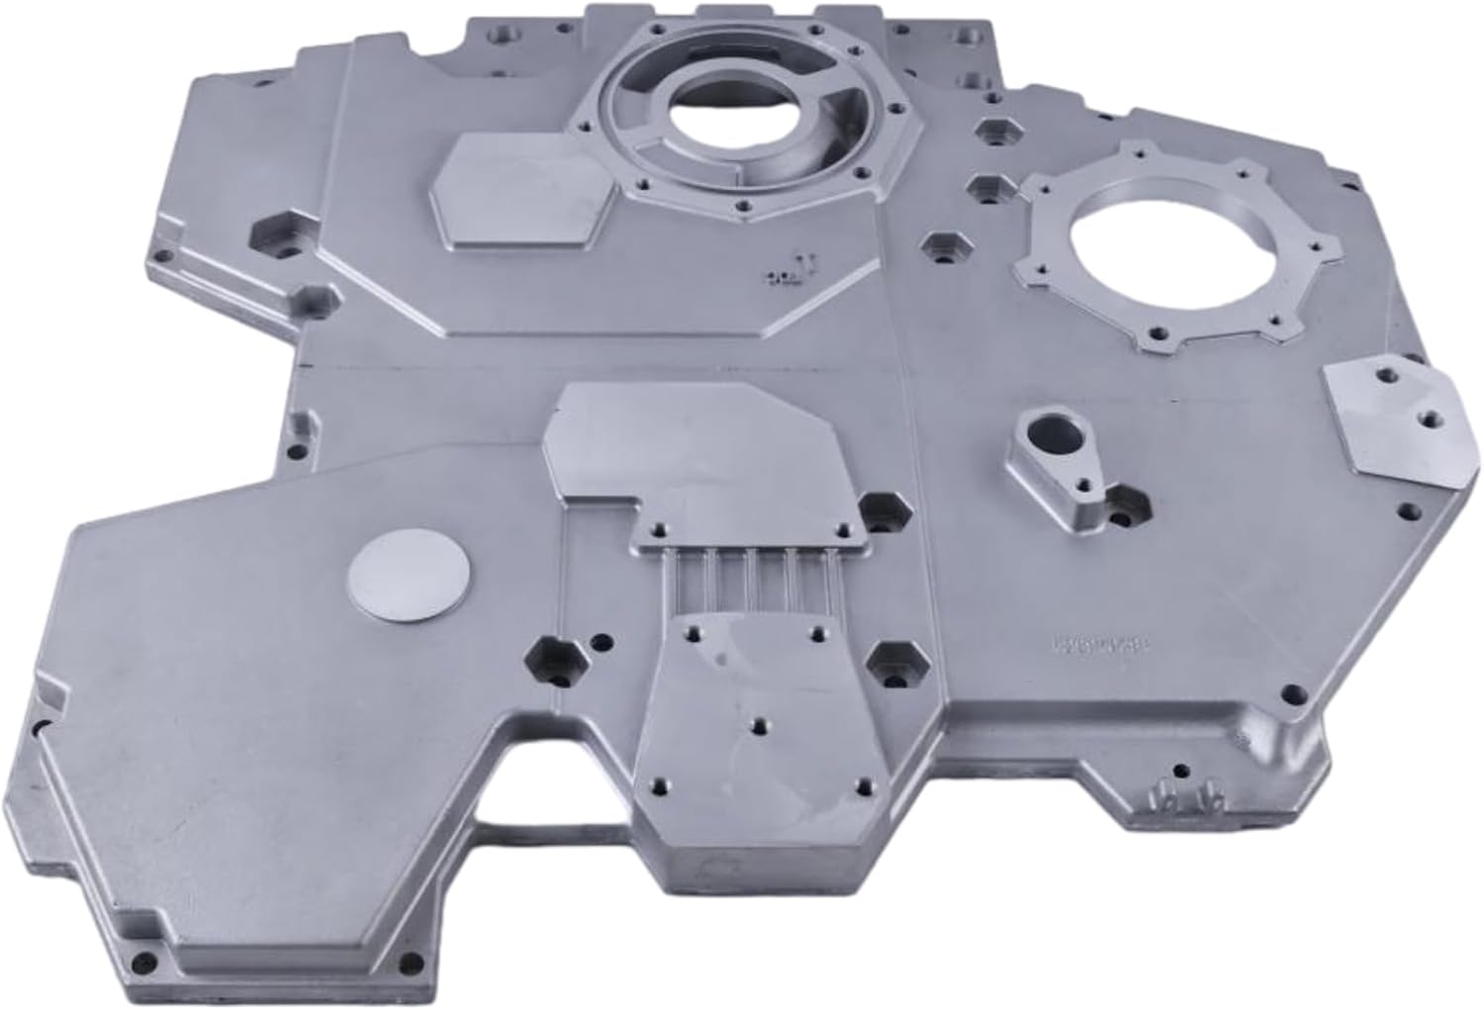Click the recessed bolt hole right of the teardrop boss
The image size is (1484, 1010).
click(1125, 502)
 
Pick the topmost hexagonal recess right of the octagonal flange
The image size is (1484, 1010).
click(992, 132)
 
